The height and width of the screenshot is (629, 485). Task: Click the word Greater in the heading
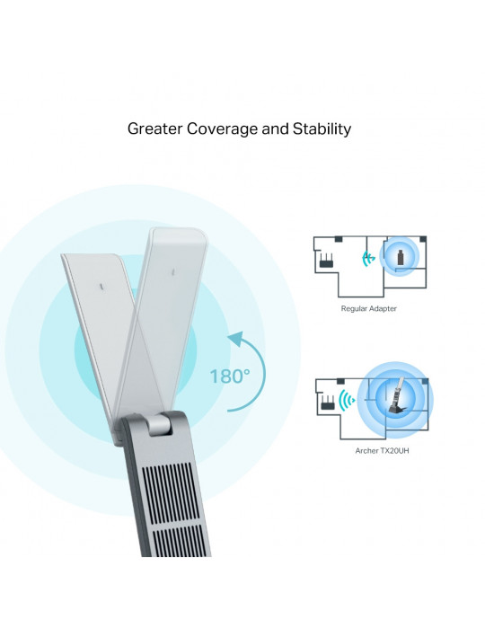[x=155, y=129]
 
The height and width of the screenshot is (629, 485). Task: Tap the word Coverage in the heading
[x=223, y=129]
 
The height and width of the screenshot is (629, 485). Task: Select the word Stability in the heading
[x=322, y=129]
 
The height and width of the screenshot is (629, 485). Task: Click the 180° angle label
[x=230, y=377]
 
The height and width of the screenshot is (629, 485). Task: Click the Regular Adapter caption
[x=369, y=308]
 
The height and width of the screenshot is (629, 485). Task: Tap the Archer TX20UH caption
[x=382, y=450]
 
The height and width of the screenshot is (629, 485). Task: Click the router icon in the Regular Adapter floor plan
[x=328, y=261]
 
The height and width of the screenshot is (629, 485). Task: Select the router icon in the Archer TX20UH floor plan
[x=327, y=403]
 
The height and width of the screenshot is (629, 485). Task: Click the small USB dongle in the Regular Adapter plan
[x=400, y=257]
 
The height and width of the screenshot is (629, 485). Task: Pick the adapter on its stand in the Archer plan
[x=396, y=396]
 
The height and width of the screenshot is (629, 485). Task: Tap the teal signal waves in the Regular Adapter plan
[x=368, y=259]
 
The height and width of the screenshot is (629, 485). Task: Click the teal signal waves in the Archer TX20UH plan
[x=347, y=400]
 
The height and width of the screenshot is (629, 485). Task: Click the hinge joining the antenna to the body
[x=159, y=425]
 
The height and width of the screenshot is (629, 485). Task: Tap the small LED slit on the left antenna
[x=101, y=288]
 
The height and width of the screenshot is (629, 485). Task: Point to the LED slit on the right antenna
[x=173, y=272]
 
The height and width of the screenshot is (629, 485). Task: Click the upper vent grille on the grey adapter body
[x=170, y=493]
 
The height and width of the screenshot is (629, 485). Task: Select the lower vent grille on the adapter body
[x=181, y=541]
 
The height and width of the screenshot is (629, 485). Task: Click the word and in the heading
[x=276, y=129]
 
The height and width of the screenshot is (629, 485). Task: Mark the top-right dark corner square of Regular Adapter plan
[x=423, y=239]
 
